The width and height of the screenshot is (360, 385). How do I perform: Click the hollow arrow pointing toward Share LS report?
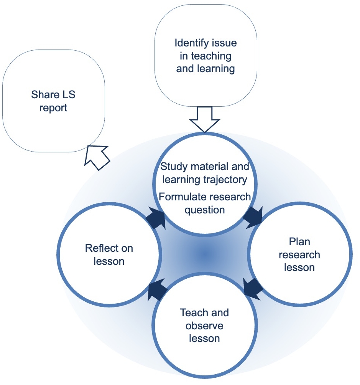click(x=96, y=155)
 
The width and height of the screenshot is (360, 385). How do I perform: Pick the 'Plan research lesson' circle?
click(x=299, y=255)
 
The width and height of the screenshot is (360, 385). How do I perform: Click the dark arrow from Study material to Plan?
click(x=253, y=216)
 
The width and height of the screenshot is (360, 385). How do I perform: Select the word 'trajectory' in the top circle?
click(x=230, y=179)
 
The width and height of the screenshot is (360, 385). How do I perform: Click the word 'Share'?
click(x=43, y=95)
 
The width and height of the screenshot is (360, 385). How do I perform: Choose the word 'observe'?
click(x=204, y=326)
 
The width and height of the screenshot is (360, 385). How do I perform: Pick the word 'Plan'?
click(x=299, y=242)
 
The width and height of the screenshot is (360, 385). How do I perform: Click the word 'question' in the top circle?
click(x=204, y=210)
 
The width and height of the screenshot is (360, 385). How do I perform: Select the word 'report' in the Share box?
click(x=53, y=108)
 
